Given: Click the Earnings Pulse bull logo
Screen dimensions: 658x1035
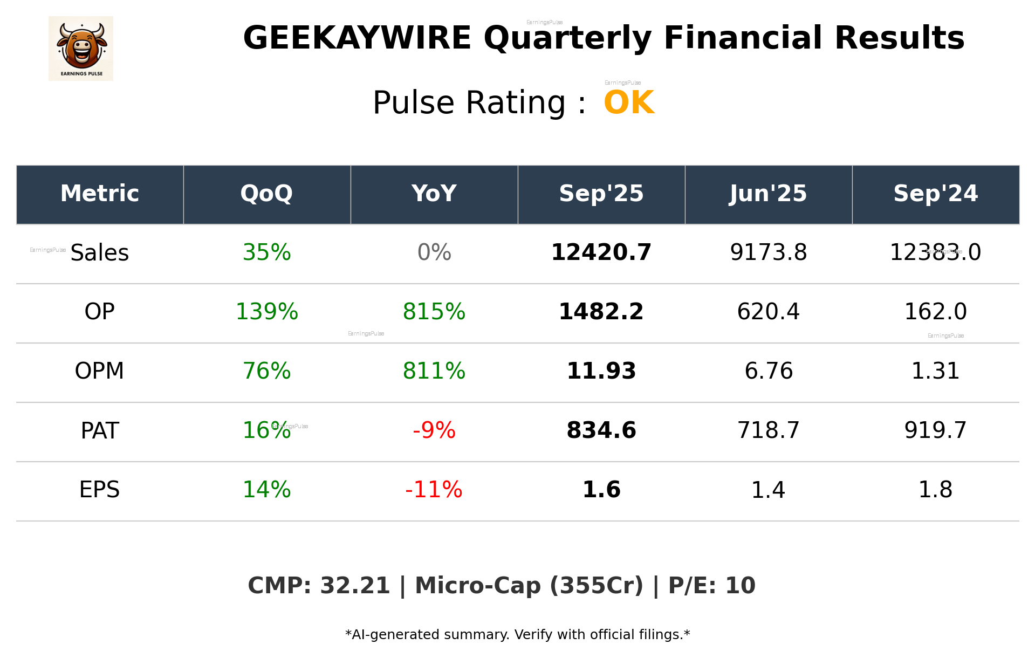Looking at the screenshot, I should pos(81,48).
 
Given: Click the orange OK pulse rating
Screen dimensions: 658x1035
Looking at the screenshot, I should pos(629,102).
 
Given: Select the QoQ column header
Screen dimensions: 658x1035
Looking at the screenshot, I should pos(266,194).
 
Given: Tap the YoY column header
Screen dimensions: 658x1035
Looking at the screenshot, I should pos(434,194).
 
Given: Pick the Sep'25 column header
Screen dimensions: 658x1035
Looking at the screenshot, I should pos(601,194).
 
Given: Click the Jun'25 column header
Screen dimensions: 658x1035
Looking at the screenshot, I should pos(768,194).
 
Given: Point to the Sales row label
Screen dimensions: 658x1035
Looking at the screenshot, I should pos(100,252).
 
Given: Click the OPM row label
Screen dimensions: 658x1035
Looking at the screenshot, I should pos(99,371).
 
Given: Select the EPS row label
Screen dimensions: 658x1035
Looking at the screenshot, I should pos(99,490).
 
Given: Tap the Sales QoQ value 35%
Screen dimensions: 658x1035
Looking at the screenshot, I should pos(266,252).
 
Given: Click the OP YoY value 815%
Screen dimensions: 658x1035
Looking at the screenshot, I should pos(434,312).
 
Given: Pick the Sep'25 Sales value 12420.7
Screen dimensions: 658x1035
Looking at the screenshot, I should pos(601,252).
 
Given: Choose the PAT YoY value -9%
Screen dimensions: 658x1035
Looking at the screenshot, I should pos(434,430).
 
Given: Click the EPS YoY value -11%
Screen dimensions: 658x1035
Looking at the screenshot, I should pos(434,490).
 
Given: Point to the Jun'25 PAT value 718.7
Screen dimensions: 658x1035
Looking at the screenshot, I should pos(768,430).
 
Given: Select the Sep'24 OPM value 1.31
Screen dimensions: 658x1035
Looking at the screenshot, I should pos(935,371).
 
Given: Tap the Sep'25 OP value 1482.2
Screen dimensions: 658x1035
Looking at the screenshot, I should pos(601,312).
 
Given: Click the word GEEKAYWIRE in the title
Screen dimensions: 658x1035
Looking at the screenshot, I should pos(357,38).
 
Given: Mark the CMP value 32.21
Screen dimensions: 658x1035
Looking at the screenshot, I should pos(354,586).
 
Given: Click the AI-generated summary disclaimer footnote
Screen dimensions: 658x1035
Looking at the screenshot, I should pos(517,635).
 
